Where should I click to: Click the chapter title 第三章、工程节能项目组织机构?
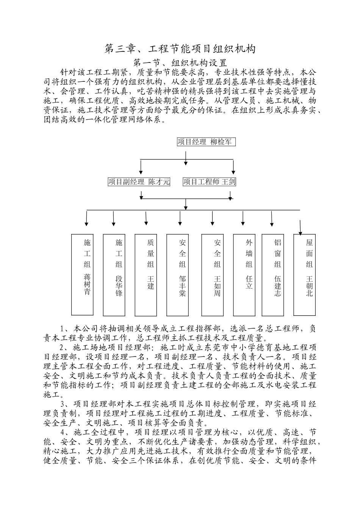coord(180,49)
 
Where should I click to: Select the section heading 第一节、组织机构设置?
coord(180,62)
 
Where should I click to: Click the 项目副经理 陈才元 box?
coord(139,182)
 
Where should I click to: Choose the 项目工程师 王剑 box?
coord(209,182)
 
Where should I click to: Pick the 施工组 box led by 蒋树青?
coord(83,275)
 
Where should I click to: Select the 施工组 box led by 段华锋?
coord(114,275)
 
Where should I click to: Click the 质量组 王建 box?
coord(146,275)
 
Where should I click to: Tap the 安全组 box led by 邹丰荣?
coord(178,275)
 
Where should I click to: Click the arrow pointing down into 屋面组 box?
coord(301,227)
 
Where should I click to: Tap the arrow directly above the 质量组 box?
coord(146,219)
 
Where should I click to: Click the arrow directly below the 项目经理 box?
coord(186,158)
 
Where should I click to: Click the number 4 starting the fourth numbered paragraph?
coord(63,432)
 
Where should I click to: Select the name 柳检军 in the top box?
coord(221,142)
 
